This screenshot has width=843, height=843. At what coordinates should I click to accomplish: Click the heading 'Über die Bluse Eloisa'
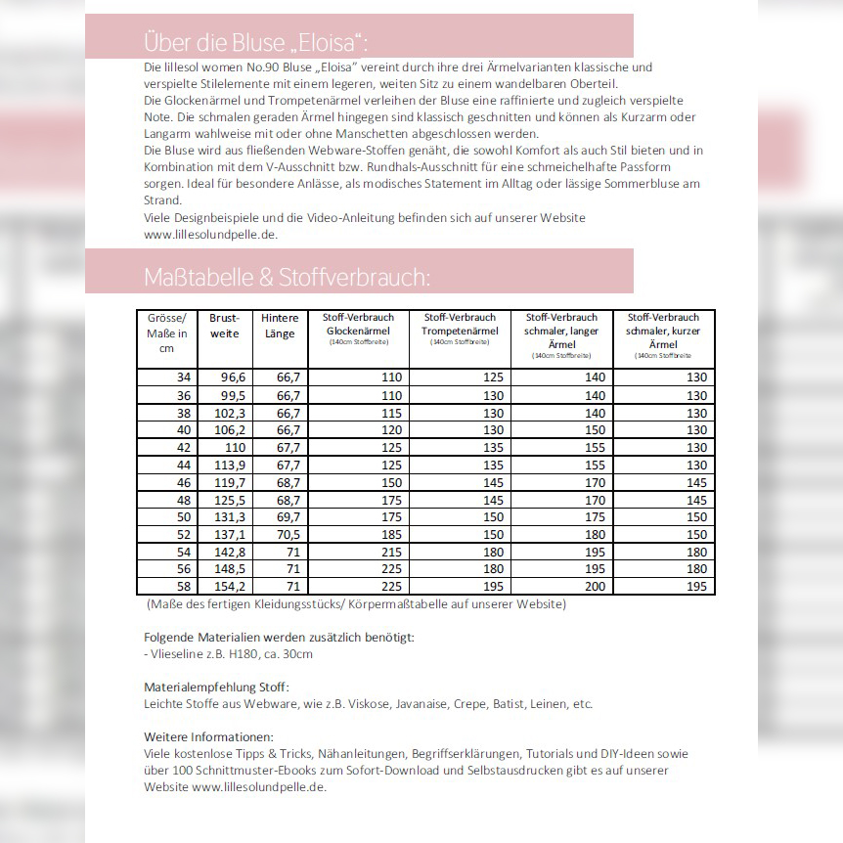tap(256, 42)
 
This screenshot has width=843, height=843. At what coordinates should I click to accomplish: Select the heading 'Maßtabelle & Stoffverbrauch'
tap(286, 277)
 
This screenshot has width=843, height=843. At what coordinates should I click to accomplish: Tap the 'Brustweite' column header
tap(224, 326)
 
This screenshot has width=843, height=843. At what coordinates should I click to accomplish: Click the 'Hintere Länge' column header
tap(280, 326)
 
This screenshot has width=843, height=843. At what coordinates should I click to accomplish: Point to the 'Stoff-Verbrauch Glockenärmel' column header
tap(358, 327)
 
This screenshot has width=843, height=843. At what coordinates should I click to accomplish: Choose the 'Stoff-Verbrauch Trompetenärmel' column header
tap(460, 327)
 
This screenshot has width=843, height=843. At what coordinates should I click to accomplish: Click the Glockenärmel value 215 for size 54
tap(391, 552)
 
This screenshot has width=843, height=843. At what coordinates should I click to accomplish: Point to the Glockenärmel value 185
tap(391, 534)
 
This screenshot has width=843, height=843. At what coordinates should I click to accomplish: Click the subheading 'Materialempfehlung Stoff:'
tap(216, 688)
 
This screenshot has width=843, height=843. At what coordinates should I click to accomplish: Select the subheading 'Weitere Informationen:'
tap(208, 736)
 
